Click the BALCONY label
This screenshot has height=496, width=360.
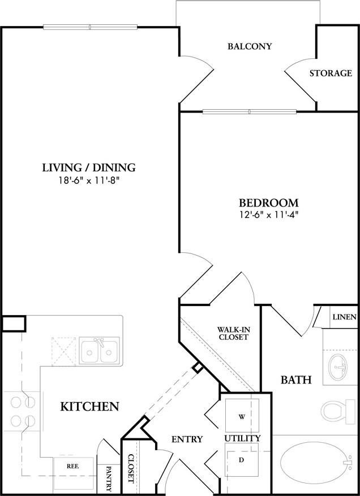point(250,46)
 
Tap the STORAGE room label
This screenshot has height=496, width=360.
point(331,73)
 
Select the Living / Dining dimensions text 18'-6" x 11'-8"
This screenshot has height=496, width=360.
point(89,181)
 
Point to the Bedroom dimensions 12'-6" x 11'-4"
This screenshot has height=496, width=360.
point(268,214)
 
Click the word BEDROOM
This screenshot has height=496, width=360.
point(268,202)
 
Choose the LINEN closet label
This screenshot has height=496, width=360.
point(344,317)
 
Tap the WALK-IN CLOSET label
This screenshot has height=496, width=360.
point(233,333)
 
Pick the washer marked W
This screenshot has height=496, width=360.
point(242,417)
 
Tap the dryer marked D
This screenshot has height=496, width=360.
point(241,460)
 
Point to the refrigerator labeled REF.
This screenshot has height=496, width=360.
point(72,467)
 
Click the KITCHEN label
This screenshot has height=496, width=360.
point(89,406)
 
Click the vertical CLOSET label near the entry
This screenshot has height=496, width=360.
point(131,468)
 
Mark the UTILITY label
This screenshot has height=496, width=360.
point(242,438)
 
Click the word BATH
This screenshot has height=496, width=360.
point(296,380)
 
